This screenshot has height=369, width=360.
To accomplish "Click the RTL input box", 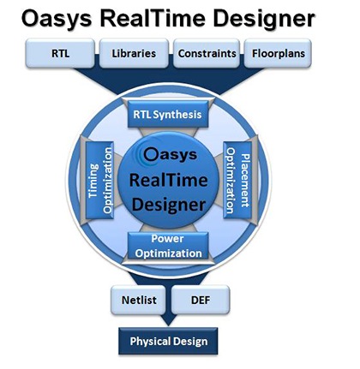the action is coord(60,53).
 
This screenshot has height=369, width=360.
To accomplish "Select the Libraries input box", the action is coord(134,53).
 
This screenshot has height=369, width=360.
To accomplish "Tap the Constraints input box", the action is coord(207,53).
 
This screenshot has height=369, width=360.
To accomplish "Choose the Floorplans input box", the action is coord(278,53).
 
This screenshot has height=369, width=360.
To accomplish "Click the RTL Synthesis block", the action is coord(168,114).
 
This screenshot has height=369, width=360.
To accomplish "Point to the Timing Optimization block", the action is coord(99,181).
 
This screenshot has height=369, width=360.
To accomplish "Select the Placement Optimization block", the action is coord(237,181).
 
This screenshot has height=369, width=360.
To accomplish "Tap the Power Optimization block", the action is coord(168,246).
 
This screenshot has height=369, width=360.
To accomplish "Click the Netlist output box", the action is coord(139,300).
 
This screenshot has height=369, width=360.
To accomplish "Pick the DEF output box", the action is coord(201,300).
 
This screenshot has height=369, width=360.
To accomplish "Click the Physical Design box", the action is coord(168,342).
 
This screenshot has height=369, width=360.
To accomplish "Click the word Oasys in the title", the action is coord(57,20).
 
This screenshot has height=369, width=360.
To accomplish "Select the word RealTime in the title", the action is coord(153,18).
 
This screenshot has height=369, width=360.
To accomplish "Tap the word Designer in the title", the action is coord(264,20).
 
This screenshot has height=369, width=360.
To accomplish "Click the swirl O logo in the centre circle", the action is coord(150,155).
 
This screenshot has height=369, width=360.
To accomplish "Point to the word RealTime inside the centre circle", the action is coord(169,181).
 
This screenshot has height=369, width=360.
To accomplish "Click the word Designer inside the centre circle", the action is coord(169,205).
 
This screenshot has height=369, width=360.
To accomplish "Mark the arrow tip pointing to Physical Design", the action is coord(168,325).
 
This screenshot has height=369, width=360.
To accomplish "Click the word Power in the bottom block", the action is coord(167,239).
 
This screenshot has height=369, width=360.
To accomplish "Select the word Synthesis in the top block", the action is coord(177,115).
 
